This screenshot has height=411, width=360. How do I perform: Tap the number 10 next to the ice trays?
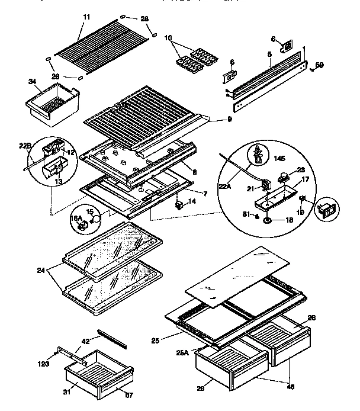169,38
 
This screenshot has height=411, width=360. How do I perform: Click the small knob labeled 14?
178,205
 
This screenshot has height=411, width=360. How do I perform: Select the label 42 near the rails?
85,341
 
